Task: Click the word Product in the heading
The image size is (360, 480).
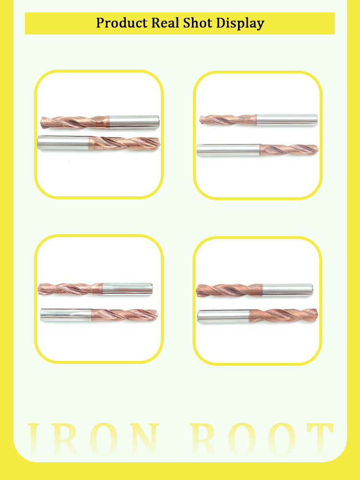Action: [122, 23]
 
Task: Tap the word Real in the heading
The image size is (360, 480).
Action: [166, 23]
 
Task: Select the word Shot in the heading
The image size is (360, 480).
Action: [198, 23]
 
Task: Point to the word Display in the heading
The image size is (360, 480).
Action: [240, 24]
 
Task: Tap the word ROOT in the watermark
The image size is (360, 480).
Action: [262, 440]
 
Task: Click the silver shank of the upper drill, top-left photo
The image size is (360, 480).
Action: [134, 122]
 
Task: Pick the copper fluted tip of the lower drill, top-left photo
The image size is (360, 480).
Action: [125, 144]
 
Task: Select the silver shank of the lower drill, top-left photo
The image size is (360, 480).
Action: [63, 143]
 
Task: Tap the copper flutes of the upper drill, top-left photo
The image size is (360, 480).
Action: [75, 122]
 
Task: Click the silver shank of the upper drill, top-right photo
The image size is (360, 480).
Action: [287, 120]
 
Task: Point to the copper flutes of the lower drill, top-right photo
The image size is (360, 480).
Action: [289, 150]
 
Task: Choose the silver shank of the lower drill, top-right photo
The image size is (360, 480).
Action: [228, 150]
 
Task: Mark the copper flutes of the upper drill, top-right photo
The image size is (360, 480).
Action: [228, 120]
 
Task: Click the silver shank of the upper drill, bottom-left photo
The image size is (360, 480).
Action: [127, 288]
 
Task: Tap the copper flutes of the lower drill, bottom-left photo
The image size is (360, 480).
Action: [125, 315]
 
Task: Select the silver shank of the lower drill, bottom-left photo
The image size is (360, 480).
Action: [66, 315]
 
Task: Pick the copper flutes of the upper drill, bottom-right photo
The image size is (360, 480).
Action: [229, 290]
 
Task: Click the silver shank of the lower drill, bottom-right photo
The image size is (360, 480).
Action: [224, 316]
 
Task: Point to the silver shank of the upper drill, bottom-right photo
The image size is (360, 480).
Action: [288, 290]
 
